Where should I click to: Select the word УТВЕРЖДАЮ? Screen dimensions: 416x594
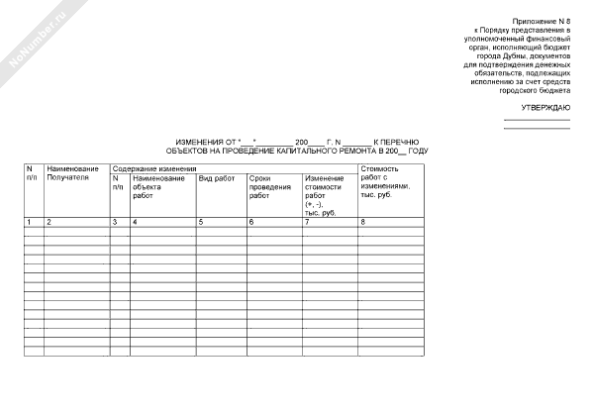544,106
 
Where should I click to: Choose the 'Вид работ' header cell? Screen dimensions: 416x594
217,178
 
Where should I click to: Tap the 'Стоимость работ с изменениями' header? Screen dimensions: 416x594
385,182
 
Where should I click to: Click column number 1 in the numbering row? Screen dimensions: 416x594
29,221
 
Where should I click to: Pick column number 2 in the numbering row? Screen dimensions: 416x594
49,221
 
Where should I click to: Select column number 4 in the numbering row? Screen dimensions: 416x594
135,221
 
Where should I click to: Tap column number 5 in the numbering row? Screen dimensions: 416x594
201,221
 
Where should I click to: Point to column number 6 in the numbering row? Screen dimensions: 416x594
251,221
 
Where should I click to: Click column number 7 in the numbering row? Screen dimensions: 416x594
307,221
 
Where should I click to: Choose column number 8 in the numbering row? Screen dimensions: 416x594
363,221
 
